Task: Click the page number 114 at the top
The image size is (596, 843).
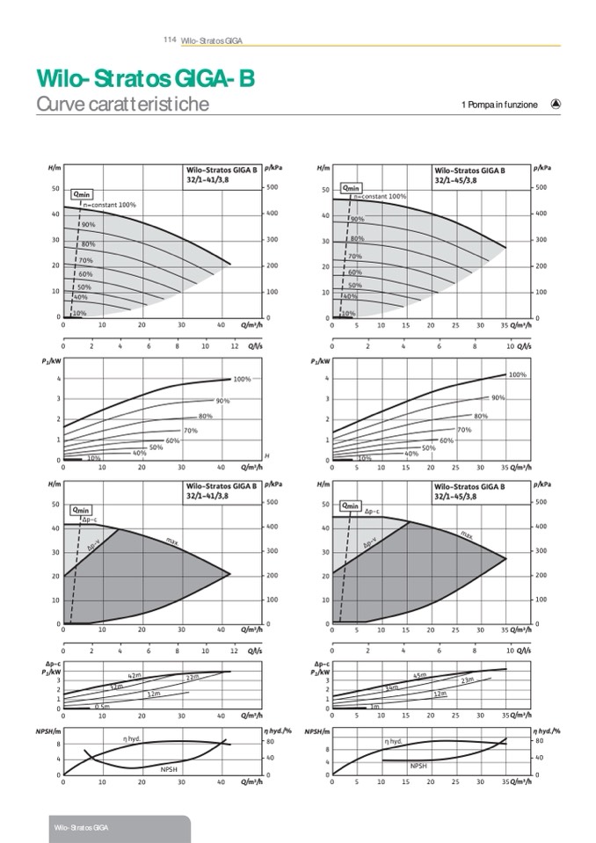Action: (x=170, y=40)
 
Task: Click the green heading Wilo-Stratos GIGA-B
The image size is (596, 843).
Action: (x=145, y=80)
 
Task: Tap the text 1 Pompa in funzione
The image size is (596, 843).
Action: (x=498, y=105)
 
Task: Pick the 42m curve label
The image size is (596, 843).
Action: (x=134, y=675)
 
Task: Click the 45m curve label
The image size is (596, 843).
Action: (x=419, y=675)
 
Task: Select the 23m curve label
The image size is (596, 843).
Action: (x=467, y=680)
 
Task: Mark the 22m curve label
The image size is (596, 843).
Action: (x=193, y=678)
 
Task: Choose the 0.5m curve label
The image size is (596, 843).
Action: (x=102, y=706)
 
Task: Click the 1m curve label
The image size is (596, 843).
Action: (x=374, y=706)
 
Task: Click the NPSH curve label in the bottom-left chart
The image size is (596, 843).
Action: (x=169, y=768)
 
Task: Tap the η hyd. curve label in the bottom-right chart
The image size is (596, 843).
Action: (x=394, y=743)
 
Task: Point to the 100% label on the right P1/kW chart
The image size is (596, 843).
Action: (x=517, y=375)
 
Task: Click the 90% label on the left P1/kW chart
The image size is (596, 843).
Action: (x=222, y=401)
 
